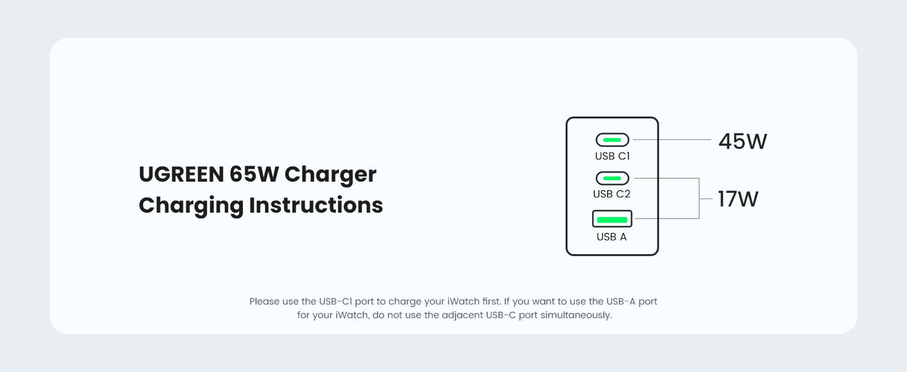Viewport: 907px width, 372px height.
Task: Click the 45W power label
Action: (743, 141)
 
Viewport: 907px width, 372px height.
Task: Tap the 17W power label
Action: (738, 199)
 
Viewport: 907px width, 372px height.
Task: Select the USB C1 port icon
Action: (612, 139)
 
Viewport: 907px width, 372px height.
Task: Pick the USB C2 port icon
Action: (612, 178)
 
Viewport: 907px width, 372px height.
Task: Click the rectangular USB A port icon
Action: (612, 219)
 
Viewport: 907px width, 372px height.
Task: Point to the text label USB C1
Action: (612, 156)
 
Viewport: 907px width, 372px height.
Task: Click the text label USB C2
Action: (612, 194)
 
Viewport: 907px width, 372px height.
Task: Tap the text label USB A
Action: (611, 237)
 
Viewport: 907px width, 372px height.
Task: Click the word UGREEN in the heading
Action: (180, 174)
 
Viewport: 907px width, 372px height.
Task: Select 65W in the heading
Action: (254, 174)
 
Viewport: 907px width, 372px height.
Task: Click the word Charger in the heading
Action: (330, 174)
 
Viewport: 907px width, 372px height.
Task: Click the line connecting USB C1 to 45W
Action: (672, 139)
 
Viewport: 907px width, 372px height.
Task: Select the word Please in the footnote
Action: (264, 302)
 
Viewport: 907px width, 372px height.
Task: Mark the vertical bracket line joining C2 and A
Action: (699, 199)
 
